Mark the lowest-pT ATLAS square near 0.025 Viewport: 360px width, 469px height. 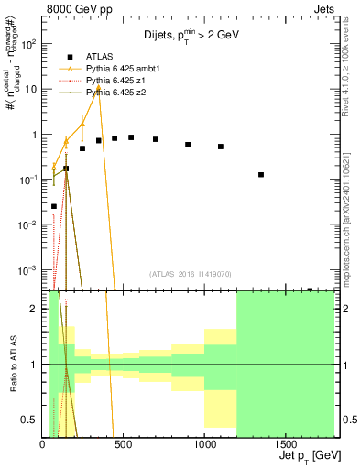pos(54,206)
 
